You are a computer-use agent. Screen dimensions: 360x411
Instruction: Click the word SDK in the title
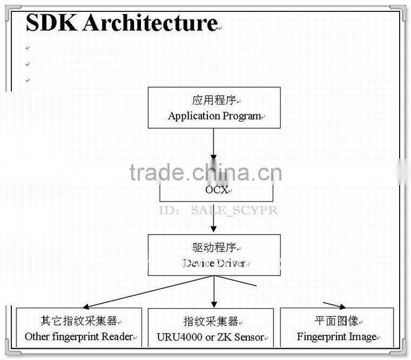[51, 23]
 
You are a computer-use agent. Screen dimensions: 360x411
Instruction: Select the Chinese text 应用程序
[214, 100]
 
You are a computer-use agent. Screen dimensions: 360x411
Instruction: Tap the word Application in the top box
[194, 116]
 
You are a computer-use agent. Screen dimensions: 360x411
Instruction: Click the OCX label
[215, 190]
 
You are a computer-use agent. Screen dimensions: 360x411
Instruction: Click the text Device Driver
[214, 263]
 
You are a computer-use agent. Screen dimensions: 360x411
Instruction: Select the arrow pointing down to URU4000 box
[214, 292]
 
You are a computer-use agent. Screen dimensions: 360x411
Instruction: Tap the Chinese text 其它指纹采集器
[78, 321]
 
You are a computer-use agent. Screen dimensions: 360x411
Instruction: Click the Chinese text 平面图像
[336, 321]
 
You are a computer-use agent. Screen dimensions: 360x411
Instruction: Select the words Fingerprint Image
[336, 337]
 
